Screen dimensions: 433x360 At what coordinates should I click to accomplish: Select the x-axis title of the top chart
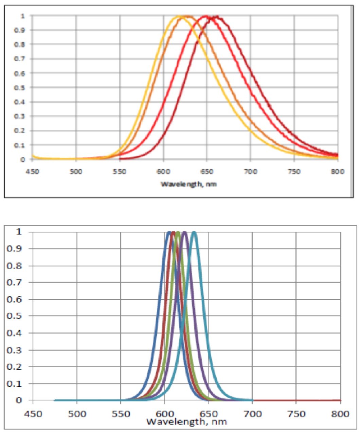click(188, 184)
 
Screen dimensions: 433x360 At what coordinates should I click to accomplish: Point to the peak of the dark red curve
click(216, 16)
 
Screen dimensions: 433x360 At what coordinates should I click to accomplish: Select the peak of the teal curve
click(194, 232)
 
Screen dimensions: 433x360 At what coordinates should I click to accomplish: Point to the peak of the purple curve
click(185, 232)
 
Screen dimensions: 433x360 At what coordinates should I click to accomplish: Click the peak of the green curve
click(177, 232)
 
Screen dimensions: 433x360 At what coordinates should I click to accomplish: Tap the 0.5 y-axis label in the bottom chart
click(14, 316)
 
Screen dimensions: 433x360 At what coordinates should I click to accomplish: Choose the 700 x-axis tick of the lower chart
click(252, 414)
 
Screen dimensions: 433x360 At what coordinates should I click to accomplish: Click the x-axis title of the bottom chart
click(187, 422)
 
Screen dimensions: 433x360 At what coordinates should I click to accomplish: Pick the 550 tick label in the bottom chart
click(121, 414)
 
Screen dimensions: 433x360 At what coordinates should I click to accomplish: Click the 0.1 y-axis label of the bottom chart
click(14, 383)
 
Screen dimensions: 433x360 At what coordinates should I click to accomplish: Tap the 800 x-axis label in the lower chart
click(340, 414)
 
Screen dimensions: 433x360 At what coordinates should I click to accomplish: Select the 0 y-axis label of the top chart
click(23, 159)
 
